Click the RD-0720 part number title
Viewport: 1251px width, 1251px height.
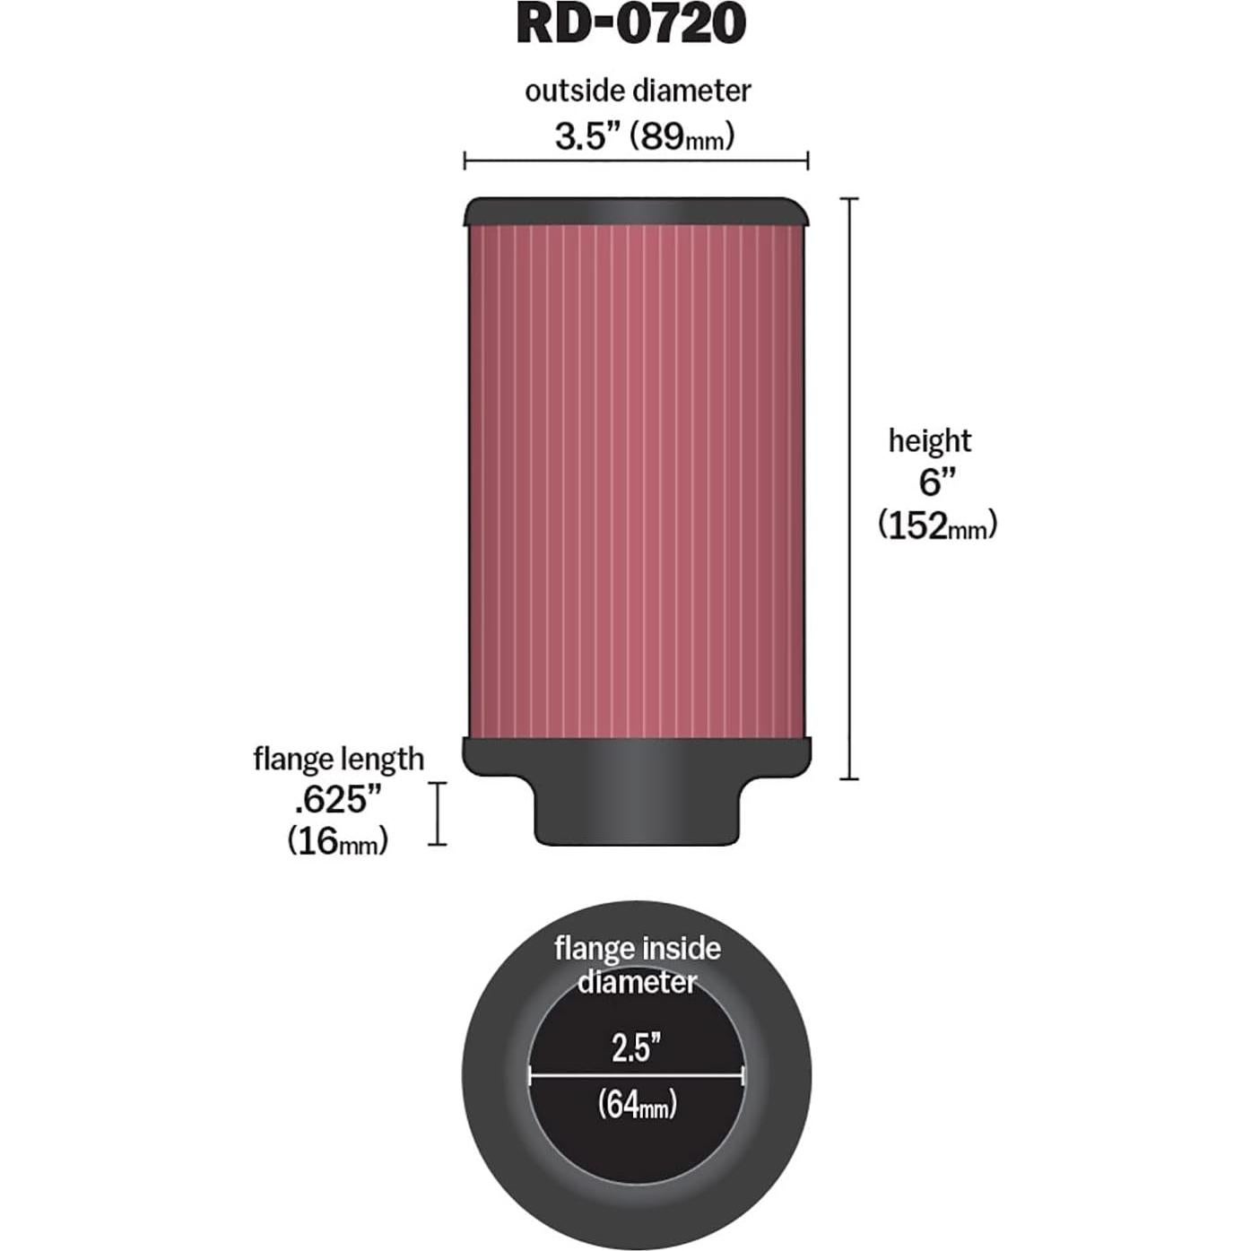[x=630, y=24]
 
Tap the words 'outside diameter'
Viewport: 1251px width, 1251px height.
[x=638, y=91]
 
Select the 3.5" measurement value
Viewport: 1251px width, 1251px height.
[x=586, y=136]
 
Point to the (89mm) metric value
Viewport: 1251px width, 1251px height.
[x=682, y=136]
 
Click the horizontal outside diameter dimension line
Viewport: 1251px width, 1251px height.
[x=636, y=161]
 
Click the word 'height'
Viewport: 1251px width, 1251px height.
[x=930, y=441]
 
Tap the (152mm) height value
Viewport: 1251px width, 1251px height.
[x=937, y=525]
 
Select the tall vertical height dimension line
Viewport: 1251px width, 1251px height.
[x=849, y=489]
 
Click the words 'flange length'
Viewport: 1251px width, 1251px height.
[x=338, y=759]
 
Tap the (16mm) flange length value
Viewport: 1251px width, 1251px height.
[x=338, y=841]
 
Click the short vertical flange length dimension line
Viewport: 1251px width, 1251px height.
[x=437, y=813]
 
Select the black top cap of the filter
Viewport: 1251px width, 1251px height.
[x=637, y=213]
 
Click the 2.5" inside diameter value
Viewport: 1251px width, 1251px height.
[x=636, y=1047]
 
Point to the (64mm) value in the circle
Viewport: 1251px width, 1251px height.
[x=637, y=1104]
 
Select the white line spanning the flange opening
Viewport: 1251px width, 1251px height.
[x=636, y=1075]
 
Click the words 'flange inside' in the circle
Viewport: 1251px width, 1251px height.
[x=637, y=949]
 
